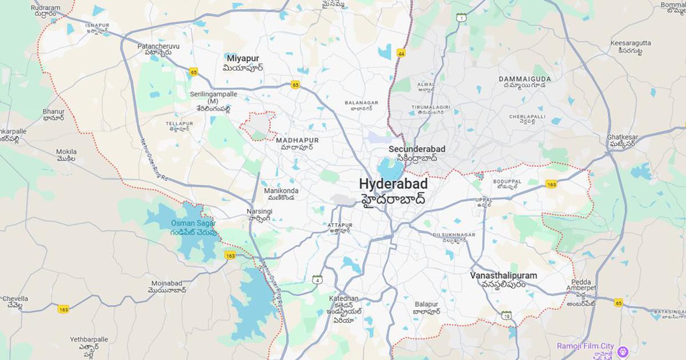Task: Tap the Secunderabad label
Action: click(x=417, y=149)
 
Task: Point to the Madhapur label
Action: click(x=297, y=140)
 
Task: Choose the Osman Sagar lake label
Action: click(x=193, y=223)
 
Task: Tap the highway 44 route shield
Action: click(x=401, y=53)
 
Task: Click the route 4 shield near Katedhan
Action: click(x=317, y=279)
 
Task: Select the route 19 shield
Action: click(x=506, y=315)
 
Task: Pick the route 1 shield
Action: click(x=461, y=18)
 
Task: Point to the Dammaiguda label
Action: click(x=525, y=79)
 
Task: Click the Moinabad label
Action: click(x=170, y=283)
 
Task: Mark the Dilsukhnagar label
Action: click(x=454, y=235)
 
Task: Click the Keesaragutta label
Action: click(x=630, y=43)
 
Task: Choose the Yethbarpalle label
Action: click(x=89, y=339)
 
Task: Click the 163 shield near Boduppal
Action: click(x=551, y=184)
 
